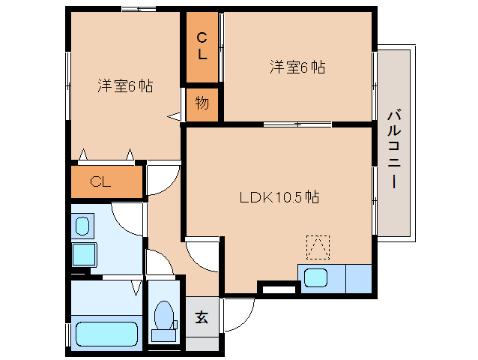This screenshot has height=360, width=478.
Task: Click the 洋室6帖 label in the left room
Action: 124,85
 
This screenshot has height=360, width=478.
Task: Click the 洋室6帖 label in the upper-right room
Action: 297,67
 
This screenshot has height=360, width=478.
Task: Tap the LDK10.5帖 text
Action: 279,198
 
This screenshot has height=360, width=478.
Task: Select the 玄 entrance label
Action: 202,317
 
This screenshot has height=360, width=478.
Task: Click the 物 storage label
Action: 202,103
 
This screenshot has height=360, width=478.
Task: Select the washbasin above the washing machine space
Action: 82,224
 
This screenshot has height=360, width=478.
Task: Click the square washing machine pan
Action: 83,253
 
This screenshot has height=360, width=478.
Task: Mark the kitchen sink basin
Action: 315,277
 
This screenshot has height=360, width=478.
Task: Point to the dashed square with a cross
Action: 318,246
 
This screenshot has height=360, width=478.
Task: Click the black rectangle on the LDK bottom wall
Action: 278,286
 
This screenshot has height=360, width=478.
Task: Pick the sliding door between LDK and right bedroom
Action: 297,123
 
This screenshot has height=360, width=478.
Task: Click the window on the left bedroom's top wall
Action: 139,10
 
